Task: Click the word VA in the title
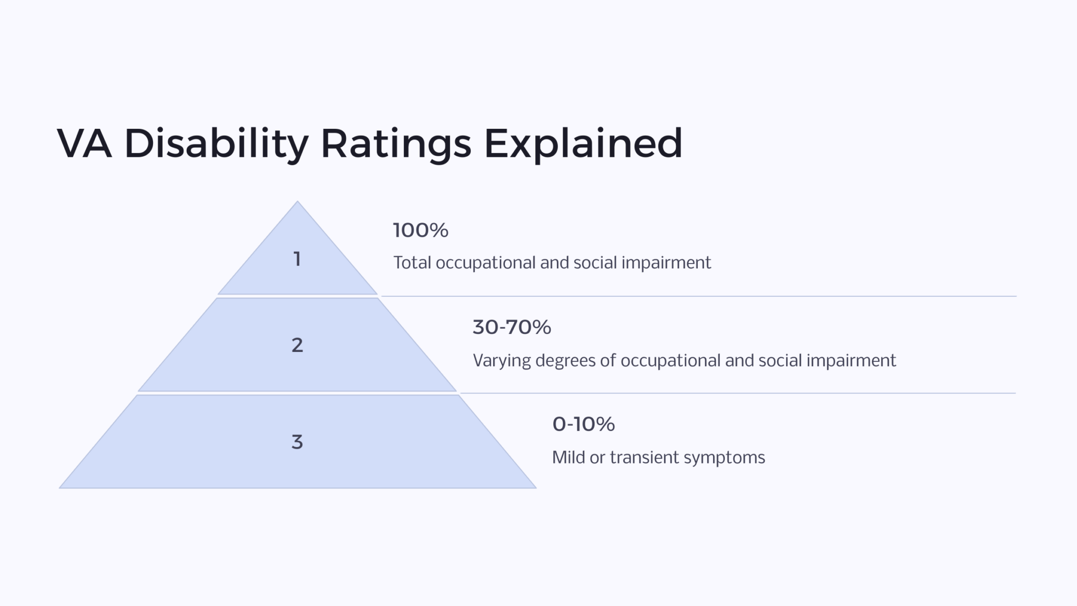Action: (84, 143)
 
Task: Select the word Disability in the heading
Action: (216, 143)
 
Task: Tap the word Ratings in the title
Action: (395, 143)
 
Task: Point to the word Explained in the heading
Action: (583, 143)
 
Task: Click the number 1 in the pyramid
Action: (297, 259)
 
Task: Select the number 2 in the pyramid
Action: (297, 345)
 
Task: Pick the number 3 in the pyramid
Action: (297, 442)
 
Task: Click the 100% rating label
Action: (420, 230)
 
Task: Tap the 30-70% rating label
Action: (512, 327)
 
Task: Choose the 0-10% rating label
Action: (583, 424)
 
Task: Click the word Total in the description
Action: (412, 262)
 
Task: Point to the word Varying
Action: (502, 360)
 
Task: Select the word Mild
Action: (568, 457)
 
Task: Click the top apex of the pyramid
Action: (297, 203)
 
